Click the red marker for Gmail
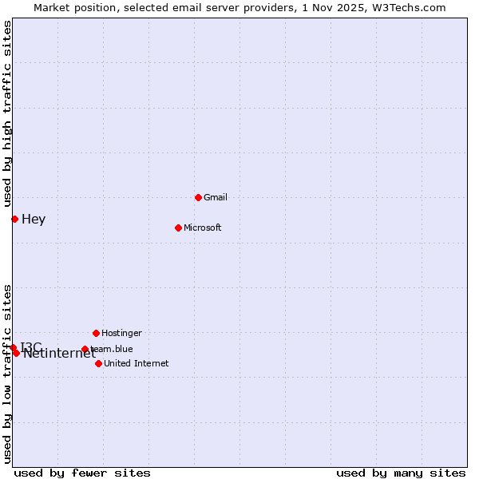point(198,197)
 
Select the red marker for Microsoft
point(178,228)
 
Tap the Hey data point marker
point(14,219)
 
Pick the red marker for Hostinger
point(96,333)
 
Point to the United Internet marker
point(98,363)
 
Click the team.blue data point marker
point(85,349)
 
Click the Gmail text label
point(216,197)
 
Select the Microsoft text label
point(203,228)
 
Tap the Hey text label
point(34,220)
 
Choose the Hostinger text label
point(121,333)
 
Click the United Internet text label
point(137,363)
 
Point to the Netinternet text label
point(59,354)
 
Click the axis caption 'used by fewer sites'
point(82,473)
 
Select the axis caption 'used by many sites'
point(401,473)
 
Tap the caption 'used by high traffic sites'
point(7,113)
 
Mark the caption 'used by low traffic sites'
point(7,374)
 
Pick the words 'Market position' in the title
point(71,7)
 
